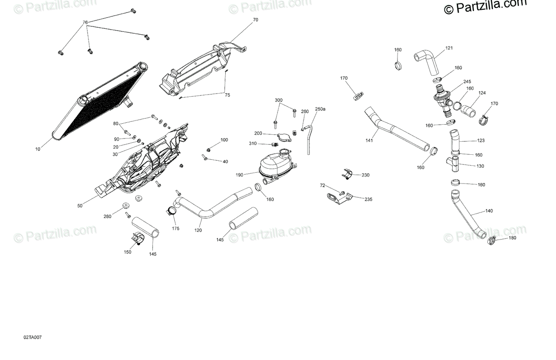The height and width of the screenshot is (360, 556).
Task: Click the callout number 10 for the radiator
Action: point(38,149)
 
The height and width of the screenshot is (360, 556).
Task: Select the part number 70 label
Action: point(255,20)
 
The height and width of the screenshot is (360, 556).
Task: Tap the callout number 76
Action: point(85,22)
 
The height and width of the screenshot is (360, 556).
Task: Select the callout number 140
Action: point(489,211)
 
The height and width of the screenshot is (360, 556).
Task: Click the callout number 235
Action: point(368,199)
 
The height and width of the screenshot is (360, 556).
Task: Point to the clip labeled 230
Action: point(347,174)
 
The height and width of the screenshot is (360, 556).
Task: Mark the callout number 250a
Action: point(320,109)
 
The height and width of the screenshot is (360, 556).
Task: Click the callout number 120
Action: point(198,230)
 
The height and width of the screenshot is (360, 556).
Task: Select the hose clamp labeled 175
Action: point(171,213)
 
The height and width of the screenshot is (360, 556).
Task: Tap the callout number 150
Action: point(127,252)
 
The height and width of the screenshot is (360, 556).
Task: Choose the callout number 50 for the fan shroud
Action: point(80,205)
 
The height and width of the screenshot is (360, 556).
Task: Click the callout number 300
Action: point(278,100)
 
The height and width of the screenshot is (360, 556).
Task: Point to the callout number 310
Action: point(253,143)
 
